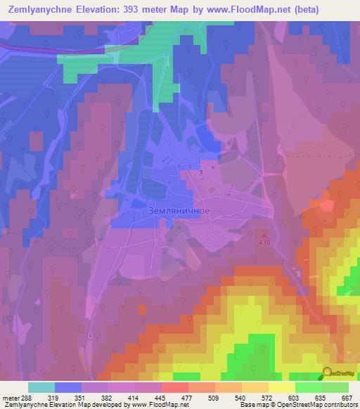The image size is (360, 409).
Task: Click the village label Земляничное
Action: [180, 210]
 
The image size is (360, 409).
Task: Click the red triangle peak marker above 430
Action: [264, 235]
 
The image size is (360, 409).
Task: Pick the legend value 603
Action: [293, 397]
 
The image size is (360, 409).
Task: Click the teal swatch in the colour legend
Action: [41, 387]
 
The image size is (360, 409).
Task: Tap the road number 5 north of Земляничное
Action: [202, 172]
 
